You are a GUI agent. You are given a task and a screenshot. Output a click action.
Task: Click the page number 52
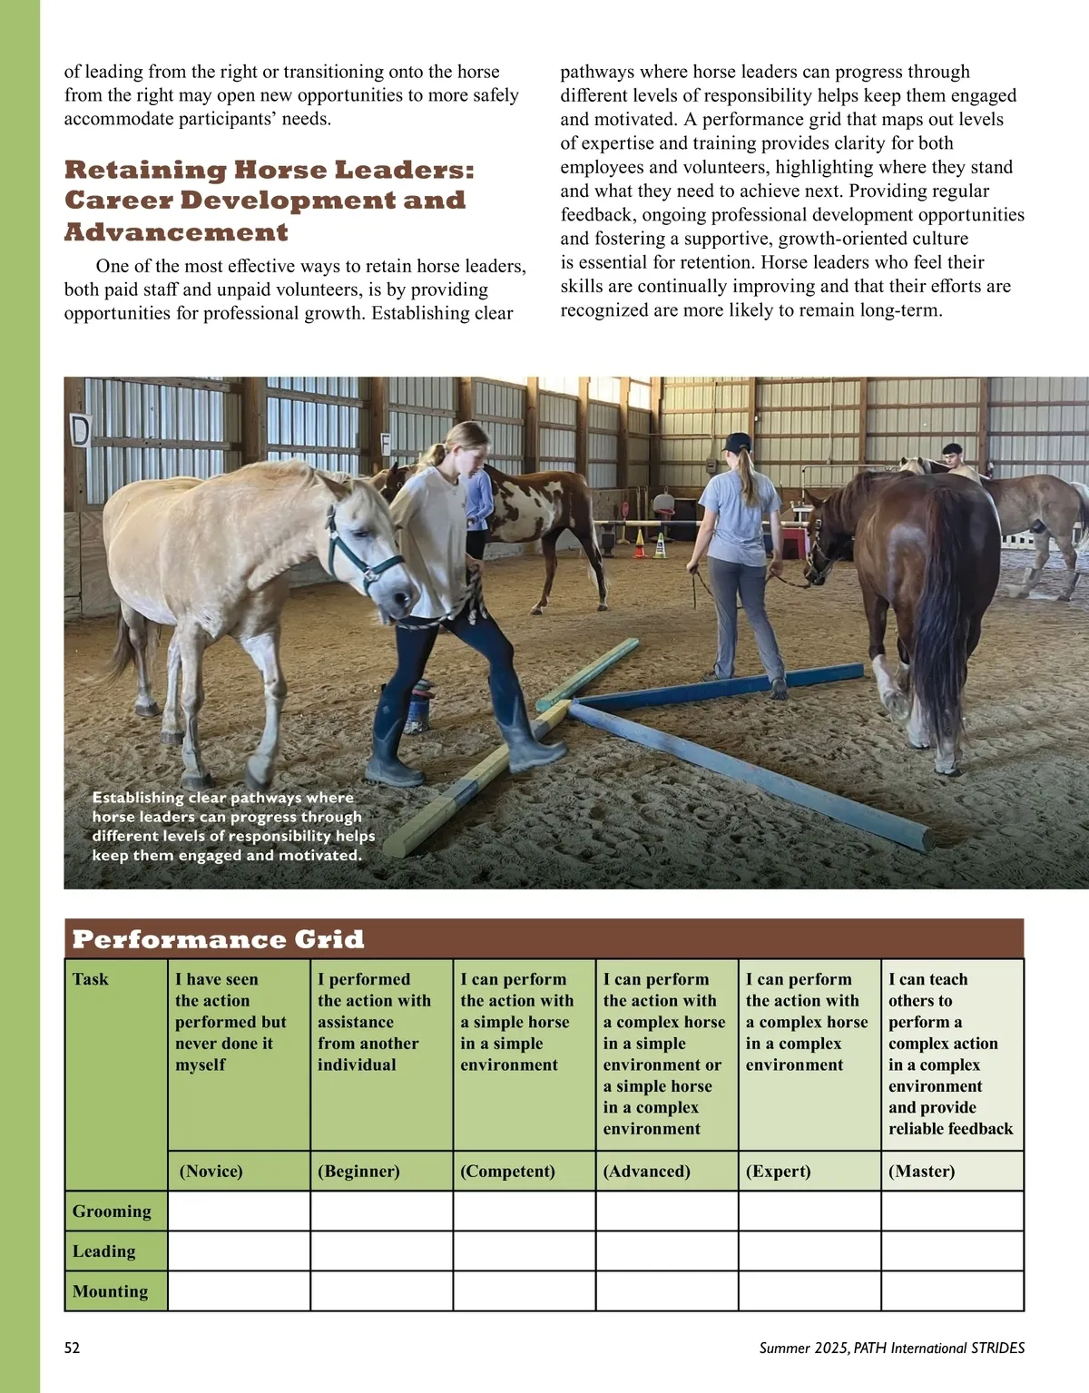pyautogui.click(x=73, y=1348)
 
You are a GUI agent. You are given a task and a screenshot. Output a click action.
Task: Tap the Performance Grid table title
pyautogui.click(x=218, y=939)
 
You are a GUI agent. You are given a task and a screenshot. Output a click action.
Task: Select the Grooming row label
pyautogui.click(x=112, y=1212)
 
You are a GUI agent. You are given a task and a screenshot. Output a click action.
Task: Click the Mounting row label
pyautogui.click(x=110, y=1291)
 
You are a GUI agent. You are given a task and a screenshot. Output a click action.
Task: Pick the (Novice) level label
pyautogui.click(x=211, y=1172)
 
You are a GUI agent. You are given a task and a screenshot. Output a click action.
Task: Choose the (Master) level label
pyautogui.click(x=921, y=1172)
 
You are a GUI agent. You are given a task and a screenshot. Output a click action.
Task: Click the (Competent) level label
pyautogui.click(x=507, y=1172)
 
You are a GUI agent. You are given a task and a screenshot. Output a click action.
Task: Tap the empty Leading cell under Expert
pyautogui.click(x=809, y=1251)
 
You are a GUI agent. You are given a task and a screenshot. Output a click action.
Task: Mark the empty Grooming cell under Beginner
pyautogui.click(x=381, y=1212)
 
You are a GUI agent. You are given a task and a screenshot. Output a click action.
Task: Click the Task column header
pyautogui.click(x=90, y=979)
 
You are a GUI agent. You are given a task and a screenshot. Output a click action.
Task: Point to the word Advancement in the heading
pyautogui.click(x=176, y=232)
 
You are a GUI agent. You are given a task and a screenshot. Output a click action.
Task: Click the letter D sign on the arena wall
pyautogui.click(x=81, y=429)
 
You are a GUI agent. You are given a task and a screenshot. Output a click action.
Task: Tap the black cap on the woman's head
pyautogui.click(x=737, y=443)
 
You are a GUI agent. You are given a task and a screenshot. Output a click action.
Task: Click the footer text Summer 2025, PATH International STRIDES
pyautogui.click(x=892, y=1348)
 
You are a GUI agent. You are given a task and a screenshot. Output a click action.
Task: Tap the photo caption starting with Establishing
pyautogui.click(x=232, y=826)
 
